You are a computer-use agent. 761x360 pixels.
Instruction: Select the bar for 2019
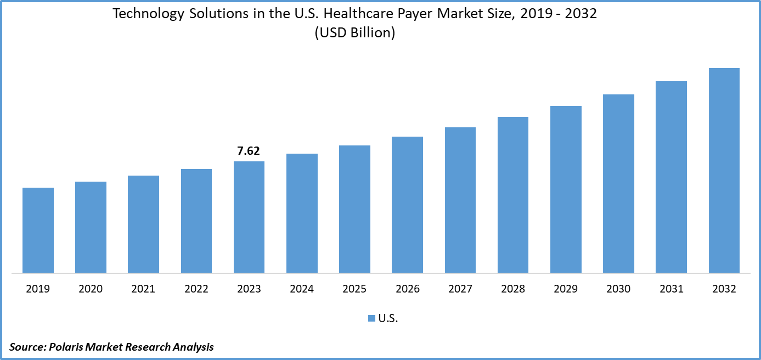(x=38, y=230)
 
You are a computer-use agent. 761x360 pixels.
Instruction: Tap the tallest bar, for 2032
(x=724, y=170)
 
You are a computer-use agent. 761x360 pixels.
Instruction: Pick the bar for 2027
(x=460, y=200)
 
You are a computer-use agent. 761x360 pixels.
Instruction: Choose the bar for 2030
(x=618, y=183)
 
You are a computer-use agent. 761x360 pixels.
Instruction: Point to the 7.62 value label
(x=249, y=151)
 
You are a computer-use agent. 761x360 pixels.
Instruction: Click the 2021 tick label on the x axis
(x=143, y=289)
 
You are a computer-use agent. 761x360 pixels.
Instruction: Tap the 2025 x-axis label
(x=354, y=289)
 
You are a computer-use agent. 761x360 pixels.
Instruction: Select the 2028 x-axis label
(x=513, y=289)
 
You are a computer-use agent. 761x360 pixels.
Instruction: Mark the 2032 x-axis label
(x=724, y=289)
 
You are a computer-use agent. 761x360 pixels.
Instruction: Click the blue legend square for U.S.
(x=371, y=318)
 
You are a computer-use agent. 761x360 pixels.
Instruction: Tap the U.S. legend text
(x=388, y=318)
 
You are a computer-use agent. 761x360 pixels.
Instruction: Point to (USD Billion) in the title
(x=355, y=33)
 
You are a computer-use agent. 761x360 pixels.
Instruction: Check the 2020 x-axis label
(x=91, y=289)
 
